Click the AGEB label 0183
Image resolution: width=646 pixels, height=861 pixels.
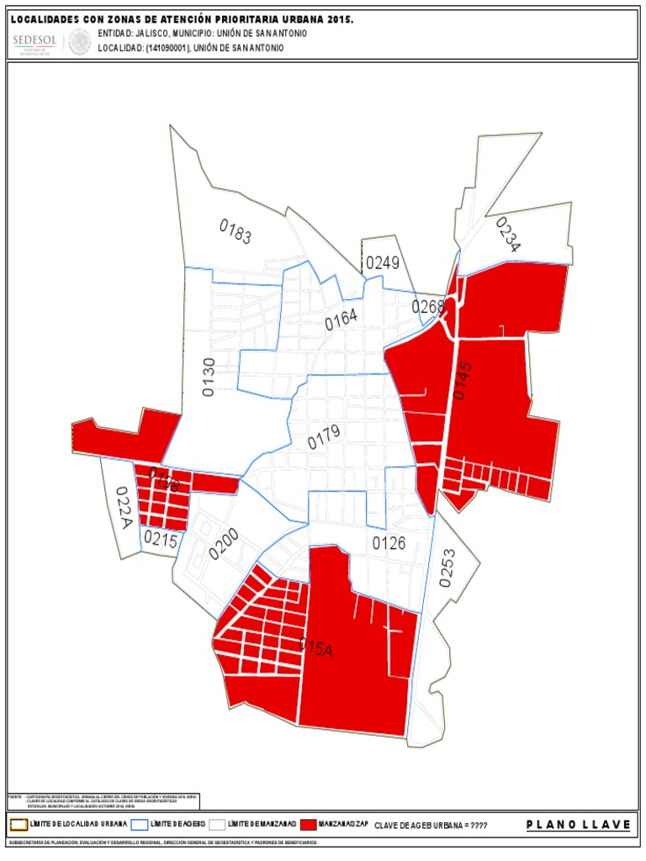[x=236, y=231]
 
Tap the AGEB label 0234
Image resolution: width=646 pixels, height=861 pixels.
[x=508, y=235]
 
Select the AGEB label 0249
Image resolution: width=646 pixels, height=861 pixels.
[x=382, y=263]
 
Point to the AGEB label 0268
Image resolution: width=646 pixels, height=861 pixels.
[x=428, y=307]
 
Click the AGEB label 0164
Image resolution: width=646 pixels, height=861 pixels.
[x=342, y=319]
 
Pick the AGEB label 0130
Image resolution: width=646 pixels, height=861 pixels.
[x=209, y=376]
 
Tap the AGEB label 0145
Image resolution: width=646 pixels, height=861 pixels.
[x=463, y=379]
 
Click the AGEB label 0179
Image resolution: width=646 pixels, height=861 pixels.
[x=324, y=436]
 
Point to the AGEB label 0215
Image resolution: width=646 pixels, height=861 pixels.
[x=161, y=540]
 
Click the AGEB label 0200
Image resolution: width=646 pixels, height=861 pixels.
[x=225, y=544]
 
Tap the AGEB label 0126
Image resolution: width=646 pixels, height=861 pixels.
[x=389, y=544]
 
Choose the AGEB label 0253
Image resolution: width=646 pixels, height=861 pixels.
[x=447, y=568]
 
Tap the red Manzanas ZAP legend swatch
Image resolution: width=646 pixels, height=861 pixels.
[x=310, y=824]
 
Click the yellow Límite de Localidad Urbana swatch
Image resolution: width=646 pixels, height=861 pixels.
[x=19, y=824]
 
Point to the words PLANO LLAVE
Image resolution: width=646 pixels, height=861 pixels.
[x=578, y=825]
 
